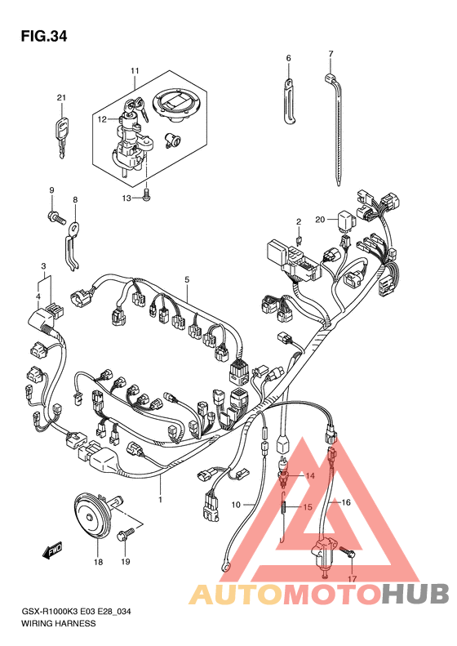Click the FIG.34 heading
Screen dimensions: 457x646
44,37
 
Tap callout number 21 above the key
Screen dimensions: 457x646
61,98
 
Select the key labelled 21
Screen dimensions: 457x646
60,136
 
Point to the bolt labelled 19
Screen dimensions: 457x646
126,536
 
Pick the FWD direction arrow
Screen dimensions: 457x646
52,550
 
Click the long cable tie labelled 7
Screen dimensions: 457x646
337,127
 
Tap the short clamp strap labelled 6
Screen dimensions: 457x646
288,101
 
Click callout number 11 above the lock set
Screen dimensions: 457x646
135,71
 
